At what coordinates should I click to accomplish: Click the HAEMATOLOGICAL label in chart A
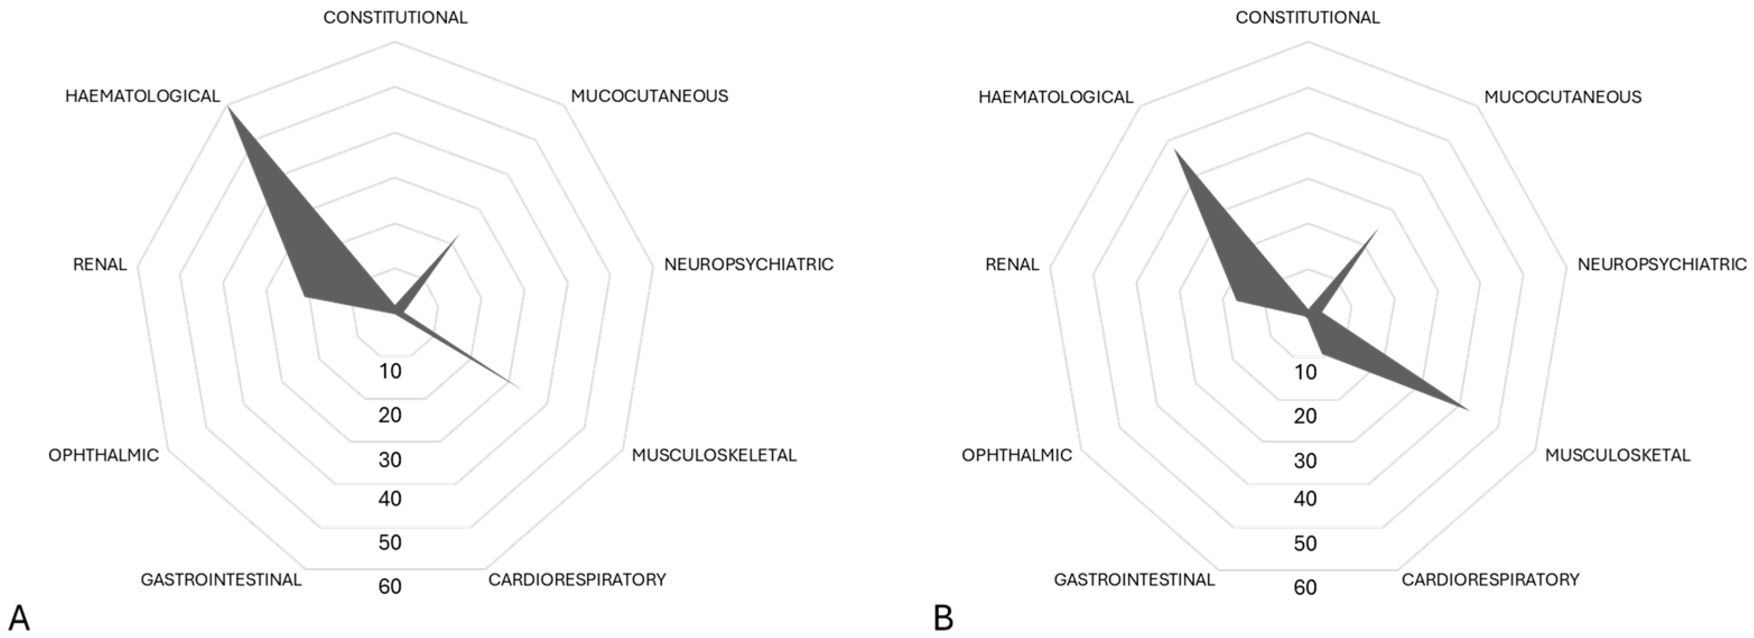point(142,96)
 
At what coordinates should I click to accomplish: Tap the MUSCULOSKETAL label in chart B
point(1617,455)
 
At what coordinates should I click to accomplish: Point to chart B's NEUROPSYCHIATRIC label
point(1662,264)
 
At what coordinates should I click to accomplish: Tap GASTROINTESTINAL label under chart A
point(221,579)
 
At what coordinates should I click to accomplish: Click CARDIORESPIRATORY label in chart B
point(1490,579)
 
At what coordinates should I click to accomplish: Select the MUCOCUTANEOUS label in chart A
point(649,96)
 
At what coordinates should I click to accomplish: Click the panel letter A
point(19,618)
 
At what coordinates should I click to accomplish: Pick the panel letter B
point(943,618)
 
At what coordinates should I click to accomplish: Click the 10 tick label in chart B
point(1305,372)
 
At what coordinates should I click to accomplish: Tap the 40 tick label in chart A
point(390,499)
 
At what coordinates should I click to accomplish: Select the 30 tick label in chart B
point(1305,461)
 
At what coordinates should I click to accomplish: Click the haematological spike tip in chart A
point(227,107)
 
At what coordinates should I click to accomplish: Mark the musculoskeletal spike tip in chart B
point(1469,410)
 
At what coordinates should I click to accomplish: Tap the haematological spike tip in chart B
point(1175,151)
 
